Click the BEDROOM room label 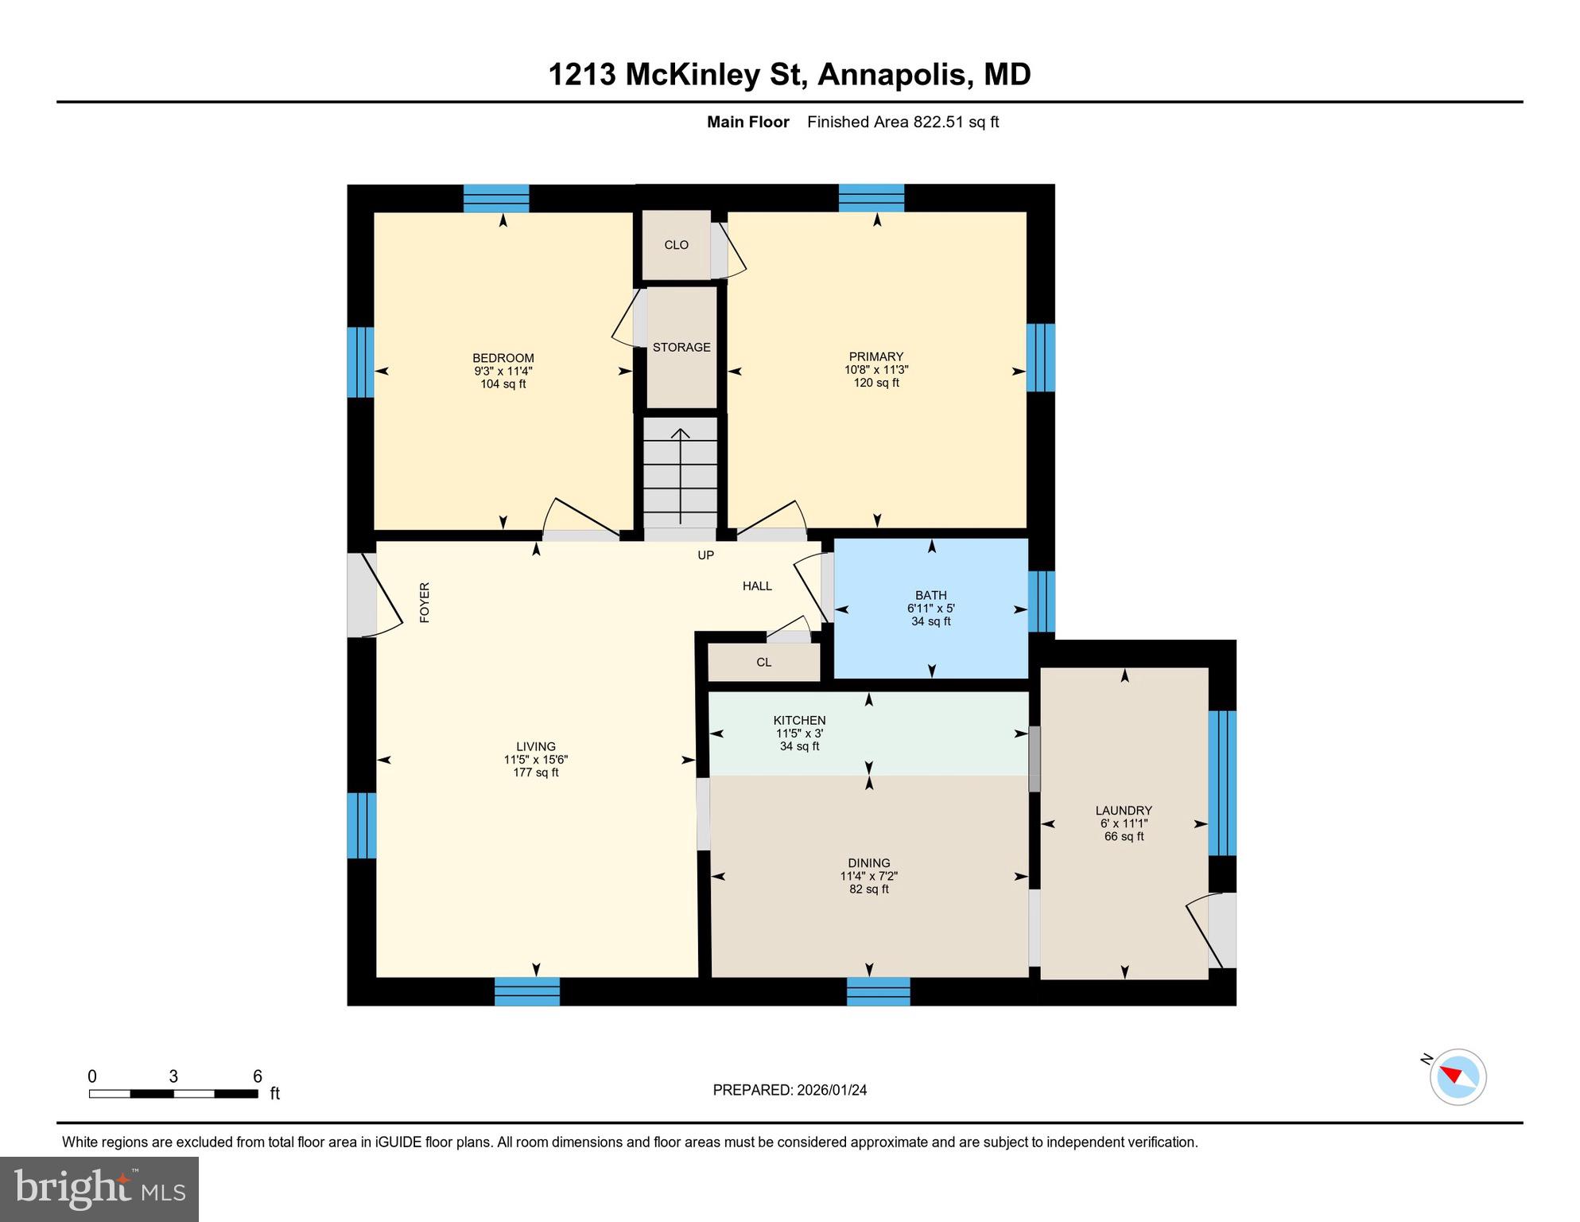503,358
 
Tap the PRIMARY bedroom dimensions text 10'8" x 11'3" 875,370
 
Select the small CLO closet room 676,245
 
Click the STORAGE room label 681,348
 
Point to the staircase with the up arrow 680,474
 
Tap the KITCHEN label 799,720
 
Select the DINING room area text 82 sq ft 868,889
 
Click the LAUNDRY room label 1123,811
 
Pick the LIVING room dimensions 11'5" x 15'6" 535,760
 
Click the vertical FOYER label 425,602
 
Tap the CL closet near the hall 763,663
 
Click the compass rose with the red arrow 1457,1077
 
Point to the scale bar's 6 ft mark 257,1077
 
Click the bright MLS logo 99,1189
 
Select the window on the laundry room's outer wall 1221,783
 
